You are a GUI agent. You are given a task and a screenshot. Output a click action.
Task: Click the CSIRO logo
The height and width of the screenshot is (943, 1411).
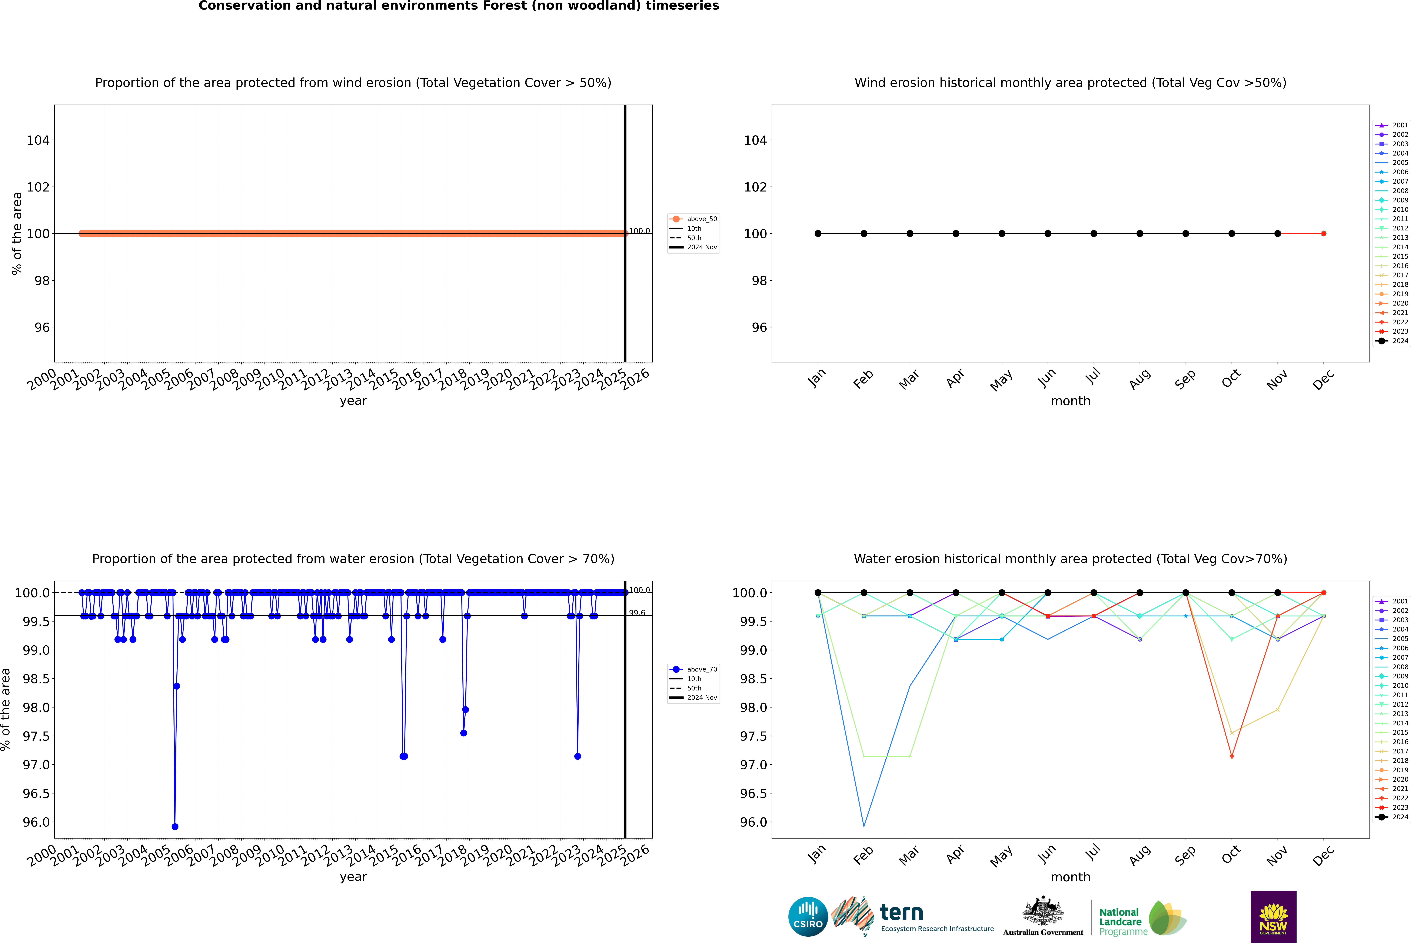click(808, 917)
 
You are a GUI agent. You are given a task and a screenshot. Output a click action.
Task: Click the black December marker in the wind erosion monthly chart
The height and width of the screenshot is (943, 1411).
click(1323, 233)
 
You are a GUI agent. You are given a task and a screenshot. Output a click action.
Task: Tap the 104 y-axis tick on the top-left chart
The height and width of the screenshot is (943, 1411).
click(38, 140)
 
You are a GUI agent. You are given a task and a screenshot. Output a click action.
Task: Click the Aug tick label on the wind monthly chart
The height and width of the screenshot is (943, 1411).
click(1140, 379)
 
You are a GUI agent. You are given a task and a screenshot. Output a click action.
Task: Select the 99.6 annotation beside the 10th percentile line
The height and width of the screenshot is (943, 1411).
click(637, 613)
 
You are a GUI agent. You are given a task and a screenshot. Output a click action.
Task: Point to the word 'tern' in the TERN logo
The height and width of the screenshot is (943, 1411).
click(901, 912)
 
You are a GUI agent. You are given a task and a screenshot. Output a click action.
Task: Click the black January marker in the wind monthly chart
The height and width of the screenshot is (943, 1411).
click(818, 233)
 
